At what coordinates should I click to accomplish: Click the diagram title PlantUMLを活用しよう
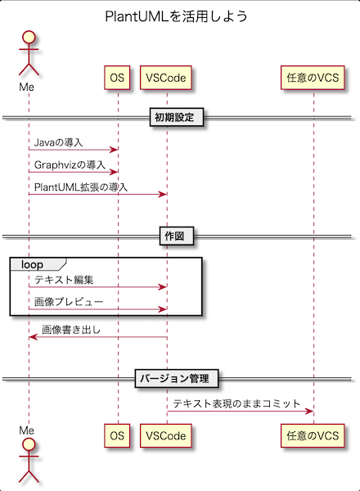[176, 16]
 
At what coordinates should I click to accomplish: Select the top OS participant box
[117, 78]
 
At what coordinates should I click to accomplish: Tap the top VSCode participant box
[166, 78]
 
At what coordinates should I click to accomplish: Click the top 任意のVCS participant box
[313, 78]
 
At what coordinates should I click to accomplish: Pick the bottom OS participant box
[117, 435]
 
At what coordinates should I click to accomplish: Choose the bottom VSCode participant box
[166, 435]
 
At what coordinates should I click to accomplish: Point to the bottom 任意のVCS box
[313, 435]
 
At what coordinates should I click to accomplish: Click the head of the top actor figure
[29, 36]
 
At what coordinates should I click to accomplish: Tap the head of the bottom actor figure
[29, 444]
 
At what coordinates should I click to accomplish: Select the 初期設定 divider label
[177, 117]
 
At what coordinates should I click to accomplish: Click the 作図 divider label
[177, 236]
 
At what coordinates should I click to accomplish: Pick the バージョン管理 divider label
[177, 379]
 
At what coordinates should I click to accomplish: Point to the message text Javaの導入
[58, 142]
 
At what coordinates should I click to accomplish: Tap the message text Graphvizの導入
[70, 164]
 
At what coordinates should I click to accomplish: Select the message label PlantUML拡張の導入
[81, 187]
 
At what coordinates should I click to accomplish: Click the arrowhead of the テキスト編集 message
[163, 287]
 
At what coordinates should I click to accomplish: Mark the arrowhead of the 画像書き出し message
[34, 337]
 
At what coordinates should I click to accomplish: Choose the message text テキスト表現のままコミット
[236, 403]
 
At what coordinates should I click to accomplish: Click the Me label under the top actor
[27, 87]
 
